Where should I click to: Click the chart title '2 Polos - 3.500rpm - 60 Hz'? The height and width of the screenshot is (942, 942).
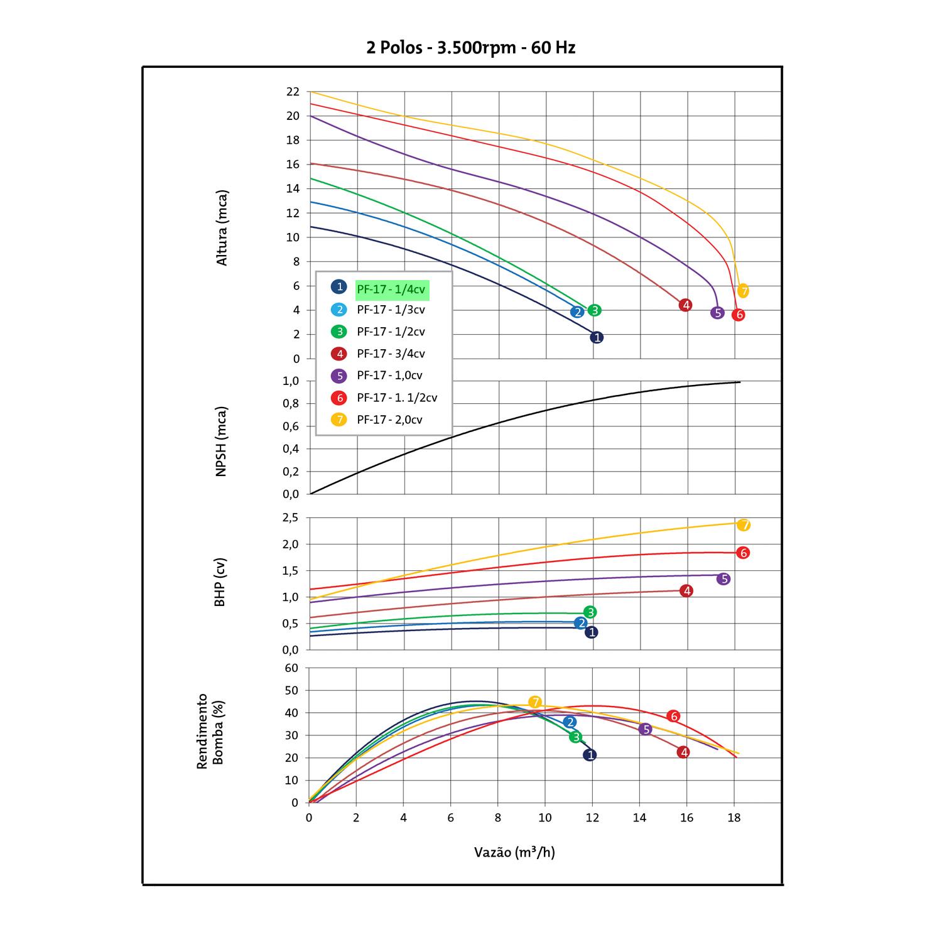(x=471, y=48)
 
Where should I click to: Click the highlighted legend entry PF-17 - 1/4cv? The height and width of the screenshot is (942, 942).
(x=392, y=290)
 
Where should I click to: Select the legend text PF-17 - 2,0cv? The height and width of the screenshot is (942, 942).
(x=389, y=420)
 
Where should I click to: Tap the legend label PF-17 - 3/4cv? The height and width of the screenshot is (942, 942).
(x=391, y=354)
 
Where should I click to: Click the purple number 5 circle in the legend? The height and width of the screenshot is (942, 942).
(x=339, y=376)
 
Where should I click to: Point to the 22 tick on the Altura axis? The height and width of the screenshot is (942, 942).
(x=293, y=92)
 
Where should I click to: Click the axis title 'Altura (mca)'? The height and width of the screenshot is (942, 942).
(x=222, y=227)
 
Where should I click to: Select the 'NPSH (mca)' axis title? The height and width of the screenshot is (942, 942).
(x=221, y=441)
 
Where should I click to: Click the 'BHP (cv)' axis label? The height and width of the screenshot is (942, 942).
(x=220, y=582)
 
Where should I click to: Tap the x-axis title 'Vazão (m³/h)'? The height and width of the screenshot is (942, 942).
(x=514, y=852)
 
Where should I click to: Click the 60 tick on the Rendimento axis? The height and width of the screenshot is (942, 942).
(x=291, y=668)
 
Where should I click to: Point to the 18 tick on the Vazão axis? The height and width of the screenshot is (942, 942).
(x=734, y=818)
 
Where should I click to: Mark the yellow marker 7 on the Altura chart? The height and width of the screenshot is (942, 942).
(x=743, y=291)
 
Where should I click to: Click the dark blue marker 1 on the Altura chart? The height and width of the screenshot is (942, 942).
(x=597, y=337)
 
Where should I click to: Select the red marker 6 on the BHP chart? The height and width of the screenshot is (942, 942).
(x=744, y=553)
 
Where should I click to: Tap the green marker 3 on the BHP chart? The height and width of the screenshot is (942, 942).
(x=590, y=612)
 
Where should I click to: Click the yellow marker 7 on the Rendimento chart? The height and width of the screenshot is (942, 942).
(x=534, y=702)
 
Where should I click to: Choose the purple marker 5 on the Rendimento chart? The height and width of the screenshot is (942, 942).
(x=645, y=729)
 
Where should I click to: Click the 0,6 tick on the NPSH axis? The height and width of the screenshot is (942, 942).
(x=290, y=426)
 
